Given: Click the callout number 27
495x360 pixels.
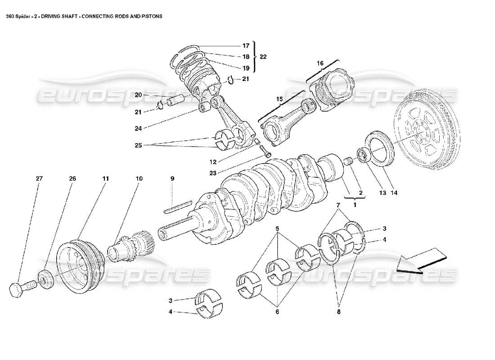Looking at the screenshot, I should pos(39,179).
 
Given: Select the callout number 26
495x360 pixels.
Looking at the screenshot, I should pos(72,179).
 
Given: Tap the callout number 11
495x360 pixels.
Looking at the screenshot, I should pos(105,179).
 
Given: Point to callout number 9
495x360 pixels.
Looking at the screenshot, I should pos(172,179).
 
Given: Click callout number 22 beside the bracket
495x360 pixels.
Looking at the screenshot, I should pos(263,57).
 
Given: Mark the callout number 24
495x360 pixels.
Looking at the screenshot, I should pos(138,128).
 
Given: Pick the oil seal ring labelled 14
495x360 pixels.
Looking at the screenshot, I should pos(382,148).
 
